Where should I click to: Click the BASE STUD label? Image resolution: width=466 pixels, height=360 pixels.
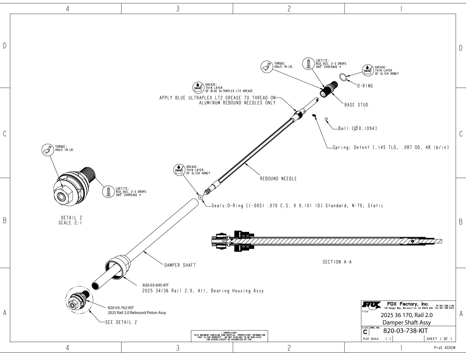pyautogui.click(x=356, y=105)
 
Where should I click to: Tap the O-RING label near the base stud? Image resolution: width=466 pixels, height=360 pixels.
pyautogui.click(x=365, y=86)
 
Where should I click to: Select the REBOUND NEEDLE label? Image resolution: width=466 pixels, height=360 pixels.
pyautogui.click(x=278, y=179)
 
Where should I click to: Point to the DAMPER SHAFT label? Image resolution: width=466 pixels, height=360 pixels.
pyautogui.click(x=180, y=265)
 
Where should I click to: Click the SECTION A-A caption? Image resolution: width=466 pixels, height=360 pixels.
pyautogui.click(x=337, y=262)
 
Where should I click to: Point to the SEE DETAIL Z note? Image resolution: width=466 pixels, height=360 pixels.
pyautogui.click(x=121, y=322)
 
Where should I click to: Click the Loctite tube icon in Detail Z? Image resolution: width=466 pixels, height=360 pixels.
pyautogui.click(x=108, y=192)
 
